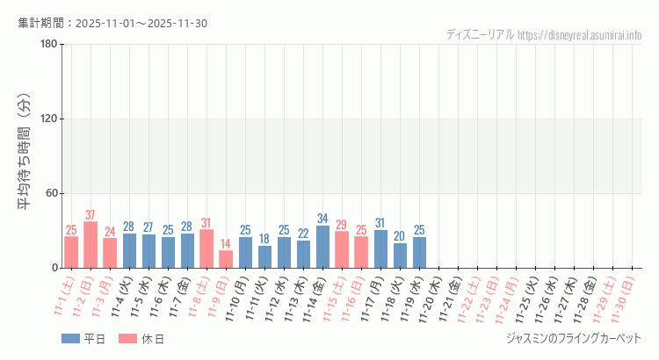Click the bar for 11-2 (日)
tap(91, 245)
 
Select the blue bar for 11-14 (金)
tap(322, 247)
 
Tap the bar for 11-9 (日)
tap(226, 259)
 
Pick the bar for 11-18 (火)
tap(400, 256)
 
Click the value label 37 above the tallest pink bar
tap(91, 215)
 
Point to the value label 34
tap(322, 219)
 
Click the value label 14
tap(226, 244)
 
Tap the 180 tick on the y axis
tap(48, 45)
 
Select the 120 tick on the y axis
tap(48, 119)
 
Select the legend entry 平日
tap(83, 339)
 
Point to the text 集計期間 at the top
tap(46, 23)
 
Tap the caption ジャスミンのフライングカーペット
tap(574, 339)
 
